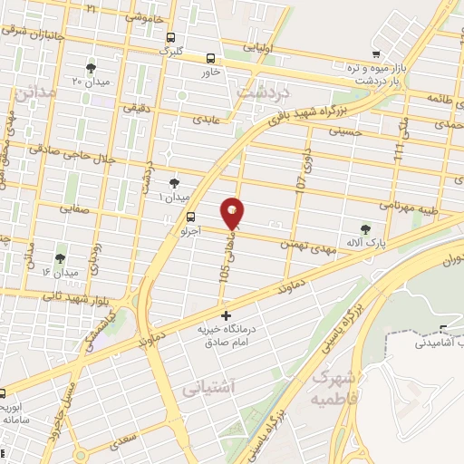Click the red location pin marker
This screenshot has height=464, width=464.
tap(234, 214)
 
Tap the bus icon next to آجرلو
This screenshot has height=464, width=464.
tap(190, 217)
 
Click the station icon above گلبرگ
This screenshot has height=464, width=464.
tap(171, 38)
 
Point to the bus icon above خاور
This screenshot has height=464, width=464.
tap(211, 56)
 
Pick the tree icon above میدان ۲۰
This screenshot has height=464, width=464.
tap(91, 68)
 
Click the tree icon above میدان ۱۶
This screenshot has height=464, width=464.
tap(61, 257)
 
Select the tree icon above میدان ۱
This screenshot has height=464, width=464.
tap(174, 182)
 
